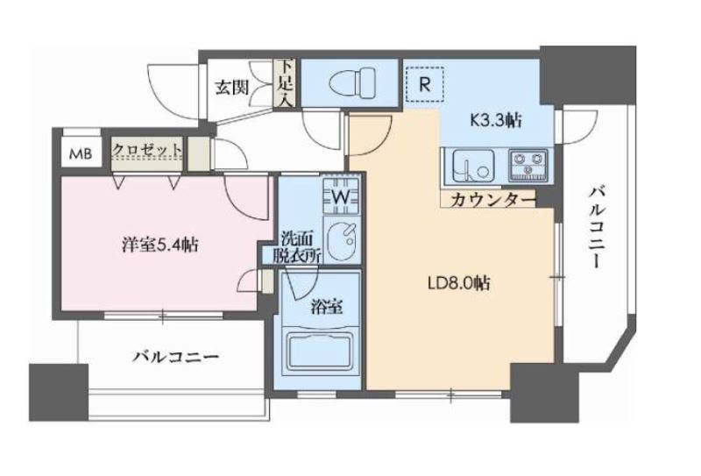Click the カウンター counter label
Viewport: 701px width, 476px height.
492,200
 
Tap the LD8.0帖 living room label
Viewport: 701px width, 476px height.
457,283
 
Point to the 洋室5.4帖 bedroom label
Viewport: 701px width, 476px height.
159,245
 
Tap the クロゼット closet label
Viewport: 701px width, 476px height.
146,150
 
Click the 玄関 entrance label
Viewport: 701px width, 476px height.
232,87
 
